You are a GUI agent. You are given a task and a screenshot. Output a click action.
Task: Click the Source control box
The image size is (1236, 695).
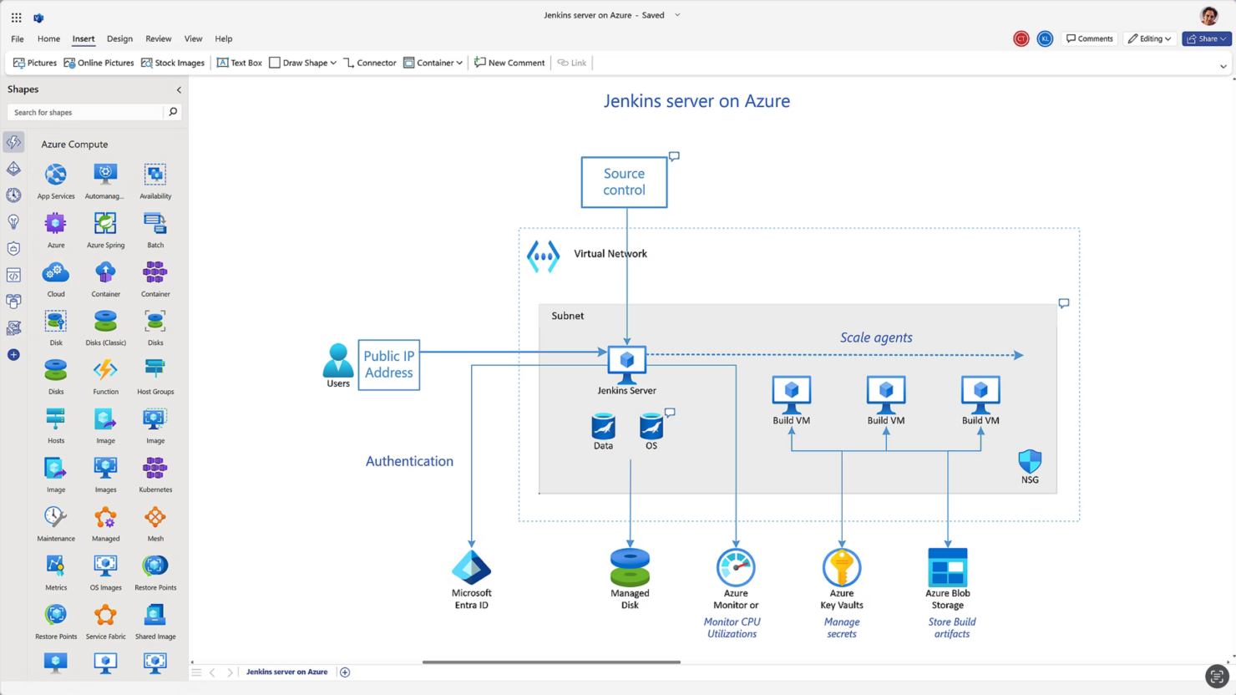tap(624, 182)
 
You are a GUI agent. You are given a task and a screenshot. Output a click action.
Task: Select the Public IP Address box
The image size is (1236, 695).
tap(388, 365)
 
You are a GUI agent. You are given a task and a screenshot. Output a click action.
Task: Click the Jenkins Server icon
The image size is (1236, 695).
tap(626, 363)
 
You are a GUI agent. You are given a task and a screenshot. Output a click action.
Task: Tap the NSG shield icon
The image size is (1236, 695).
tap(1030, 461)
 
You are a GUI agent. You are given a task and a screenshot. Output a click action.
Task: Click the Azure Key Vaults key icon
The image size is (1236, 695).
tap(841, 568)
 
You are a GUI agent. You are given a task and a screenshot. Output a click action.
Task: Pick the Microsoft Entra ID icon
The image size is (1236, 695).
tap(471, 568)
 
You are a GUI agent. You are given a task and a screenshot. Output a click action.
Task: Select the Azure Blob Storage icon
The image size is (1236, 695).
tap(947, 568)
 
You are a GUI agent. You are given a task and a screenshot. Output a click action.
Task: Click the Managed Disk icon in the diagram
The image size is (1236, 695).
tap(630, 567)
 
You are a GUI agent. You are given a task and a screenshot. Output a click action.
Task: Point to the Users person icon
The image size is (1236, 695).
tap(337, 360)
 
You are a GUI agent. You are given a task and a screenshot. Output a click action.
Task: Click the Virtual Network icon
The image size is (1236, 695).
tap(543, 256)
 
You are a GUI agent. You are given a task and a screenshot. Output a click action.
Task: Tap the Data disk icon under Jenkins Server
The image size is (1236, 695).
tap(603, 427)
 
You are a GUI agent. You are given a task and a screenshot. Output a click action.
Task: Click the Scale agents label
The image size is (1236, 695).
tap(875, 337)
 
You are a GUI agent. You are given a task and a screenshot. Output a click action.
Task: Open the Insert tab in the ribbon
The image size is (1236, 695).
tap(84, 38)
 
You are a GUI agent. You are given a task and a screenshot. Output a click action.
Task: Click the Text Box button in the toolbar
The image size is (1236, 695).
tap(240, 63)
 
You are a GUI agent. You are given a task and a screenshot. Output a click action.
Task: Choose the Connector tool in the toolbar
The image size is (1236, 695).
tap(370, 63)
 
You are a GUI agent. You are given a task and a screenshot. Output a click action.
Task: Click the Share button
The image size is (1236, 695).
tap(1206, 38)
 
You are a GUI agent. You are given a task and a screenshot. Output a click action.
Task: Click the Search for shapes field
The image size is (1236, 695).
tap(85, 112)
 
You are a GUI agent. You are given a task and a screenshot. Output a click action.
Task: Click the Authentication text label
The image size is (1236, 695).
tap(409, 461)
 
